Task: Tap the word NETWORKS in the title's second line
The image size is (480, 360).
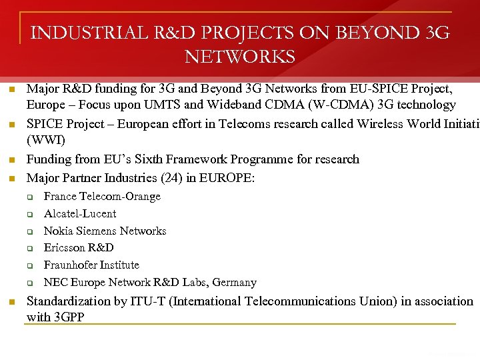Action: (x=240, y=57)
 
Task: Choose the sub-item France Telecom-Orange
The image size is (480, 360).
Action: (x=102, y=197)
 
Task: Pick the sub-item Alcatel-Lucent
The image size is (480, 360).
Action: (x=80, y=214)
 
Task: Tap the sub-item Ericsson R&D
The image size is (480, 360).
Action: (x=79, y=248)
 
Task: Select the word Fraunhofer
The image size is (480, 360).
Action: (x=72, y=265)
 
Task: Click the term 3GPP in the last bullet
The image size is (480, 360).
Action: (x=69, y=317)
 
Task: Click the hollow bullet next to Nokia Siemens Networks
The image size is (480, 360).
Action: (x=30, y=232)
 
